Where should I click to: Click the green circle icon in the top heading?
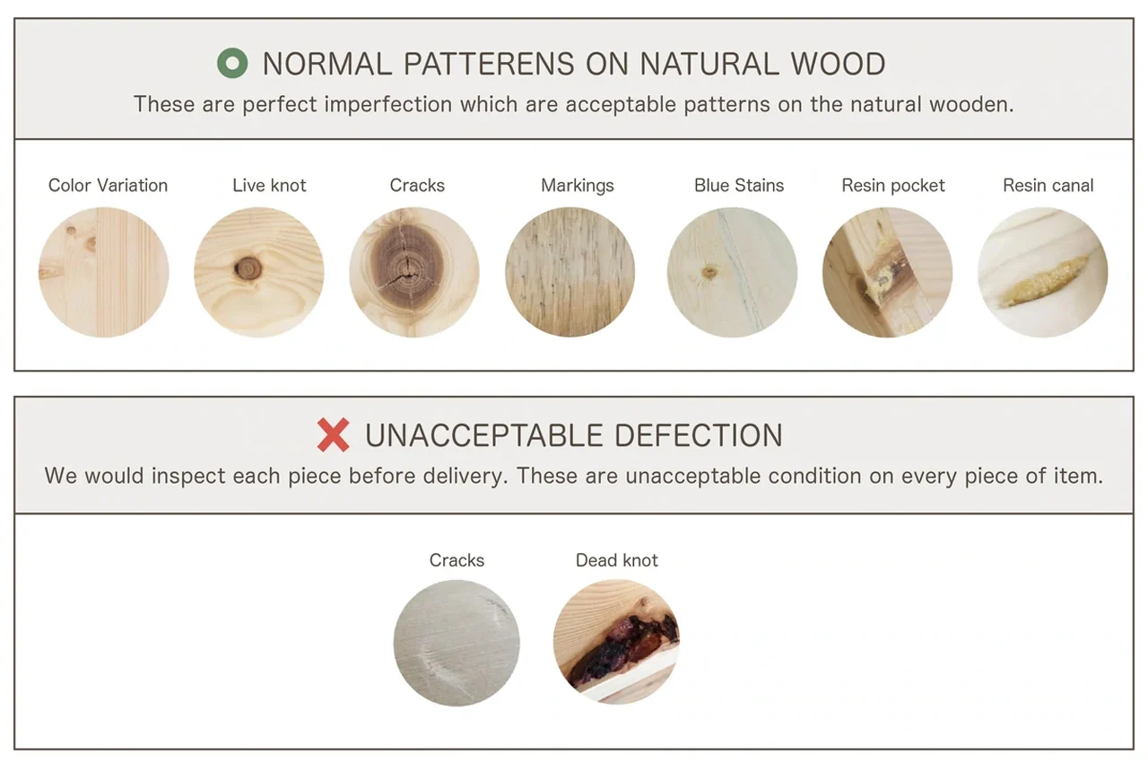click(x=232, y=63)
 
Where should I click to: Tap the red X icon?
click(x=333, y=434)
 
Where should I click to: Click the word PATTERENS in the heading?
click(x=489, y=64)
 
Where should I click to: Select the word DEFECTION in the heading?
click(x=698, y=435)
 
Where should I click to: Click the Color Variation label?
click(x=108, y=185)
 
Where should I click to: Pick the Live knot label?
click(x=269, y=185)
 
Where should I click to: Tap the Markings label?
click(x=577, y=186)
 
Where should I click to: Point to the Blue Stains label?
click(x=738, y=185)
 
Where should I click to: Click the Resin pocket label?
click(x=892, y=186)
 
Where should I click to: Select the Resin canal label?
click(x=1048, y=185)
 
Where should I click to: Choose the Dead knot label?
click(x=616, y=560)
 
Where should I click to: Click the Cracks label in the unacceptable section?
click(x=457, y=560)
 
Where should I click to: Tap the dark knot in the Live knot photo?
click(x=248, y=268)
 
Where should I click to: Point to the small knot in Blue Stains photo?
click(x=709, y=271)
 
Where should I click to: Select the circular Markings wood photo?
click(x=570, y=272)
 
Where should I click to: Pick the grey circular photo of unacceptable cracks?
click(x=457, y=643)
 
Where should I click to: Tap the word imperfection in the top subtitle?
click(x=388, y=105)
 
